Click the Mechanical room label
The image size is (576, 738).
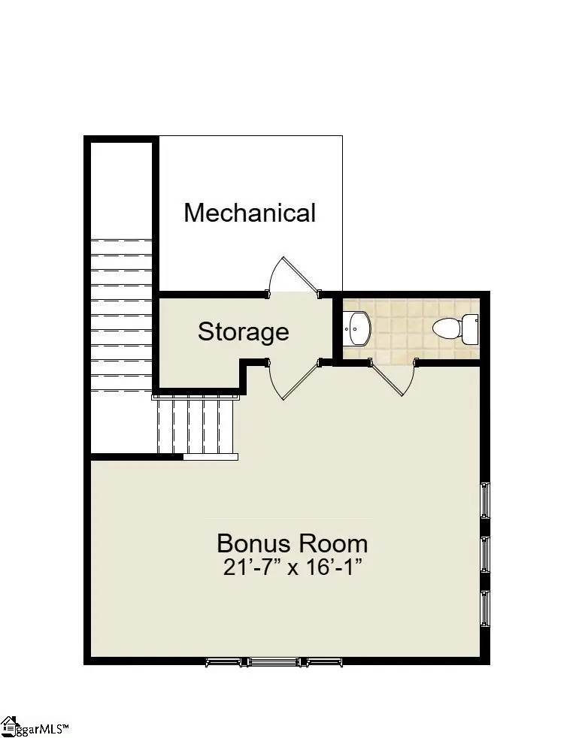click(250, 213)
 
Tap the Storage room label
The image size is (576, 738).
click(243, 331)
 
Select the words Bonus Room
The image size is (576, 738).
click(293, 543)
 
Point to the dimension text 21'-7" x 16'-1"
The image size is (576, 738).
click(293, 567)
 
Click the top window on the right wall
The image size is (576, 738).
click(485, 500)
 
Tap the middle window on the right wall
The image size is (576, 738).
click(485, 555)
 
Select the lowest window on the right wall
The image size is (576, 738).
click(485, 609)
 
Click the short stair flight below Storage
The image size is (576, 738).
click(196, 426)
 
